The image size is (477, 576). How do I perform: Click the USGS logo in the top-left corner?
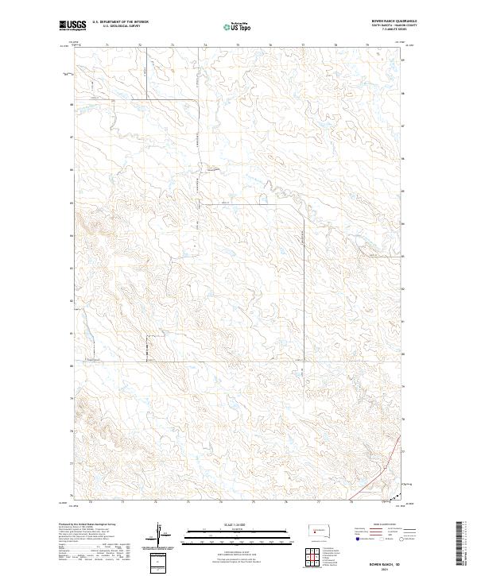point(71,26)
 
